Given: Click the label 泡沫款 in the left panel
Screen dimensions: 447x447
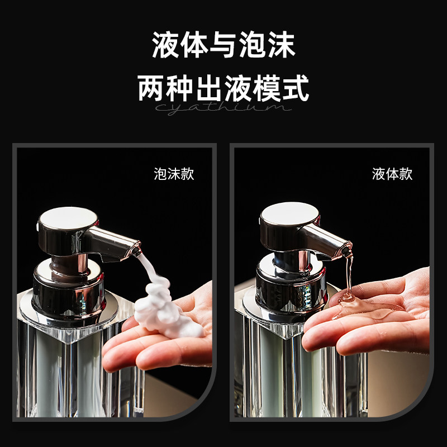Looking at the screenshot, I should pyautogui.click(x=174, y=174).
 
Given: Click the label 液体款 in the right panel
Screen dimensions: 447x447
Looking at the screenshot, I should pyautogui.click(x=392, y=174).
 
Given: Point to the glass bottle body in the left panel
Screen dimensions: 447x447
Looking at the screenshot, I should pyautogui.click(x=67, y=369).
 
